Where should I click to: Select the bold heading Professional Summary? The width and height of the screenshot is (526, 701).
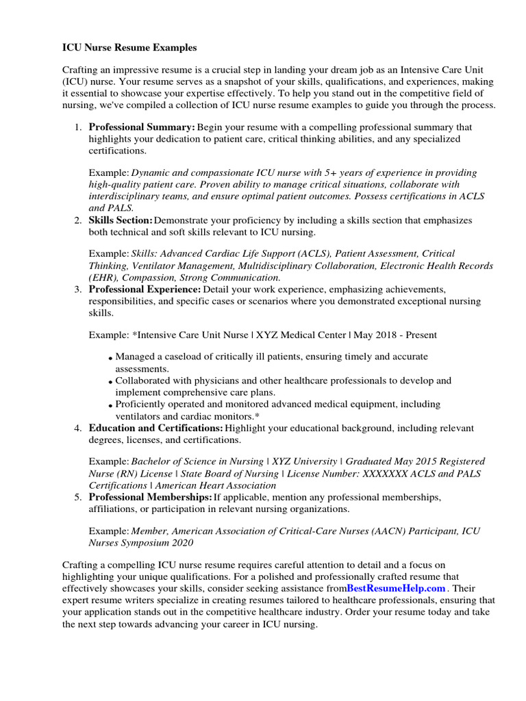[x=142, y=127]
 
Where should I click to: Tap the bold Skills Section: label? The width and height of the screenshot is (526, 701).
[x=121, y=220]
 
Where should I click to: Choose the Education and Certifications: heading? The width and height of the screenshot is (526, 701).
[x=155, y=428]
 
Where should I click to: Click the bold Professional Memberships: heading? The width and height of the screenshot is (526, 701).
[x=150, y=496]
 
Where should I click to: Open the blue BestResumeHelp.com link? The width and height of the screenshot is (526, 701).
[x=397, y=588]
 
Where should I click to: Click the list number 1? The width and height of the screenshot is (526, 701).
[x=77, y=127]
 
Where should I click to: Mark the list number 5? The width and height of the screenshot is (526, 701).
[x=77, y=496]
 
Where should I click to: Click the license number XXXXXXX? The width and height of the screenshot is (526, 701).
[x=385, y=474]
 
